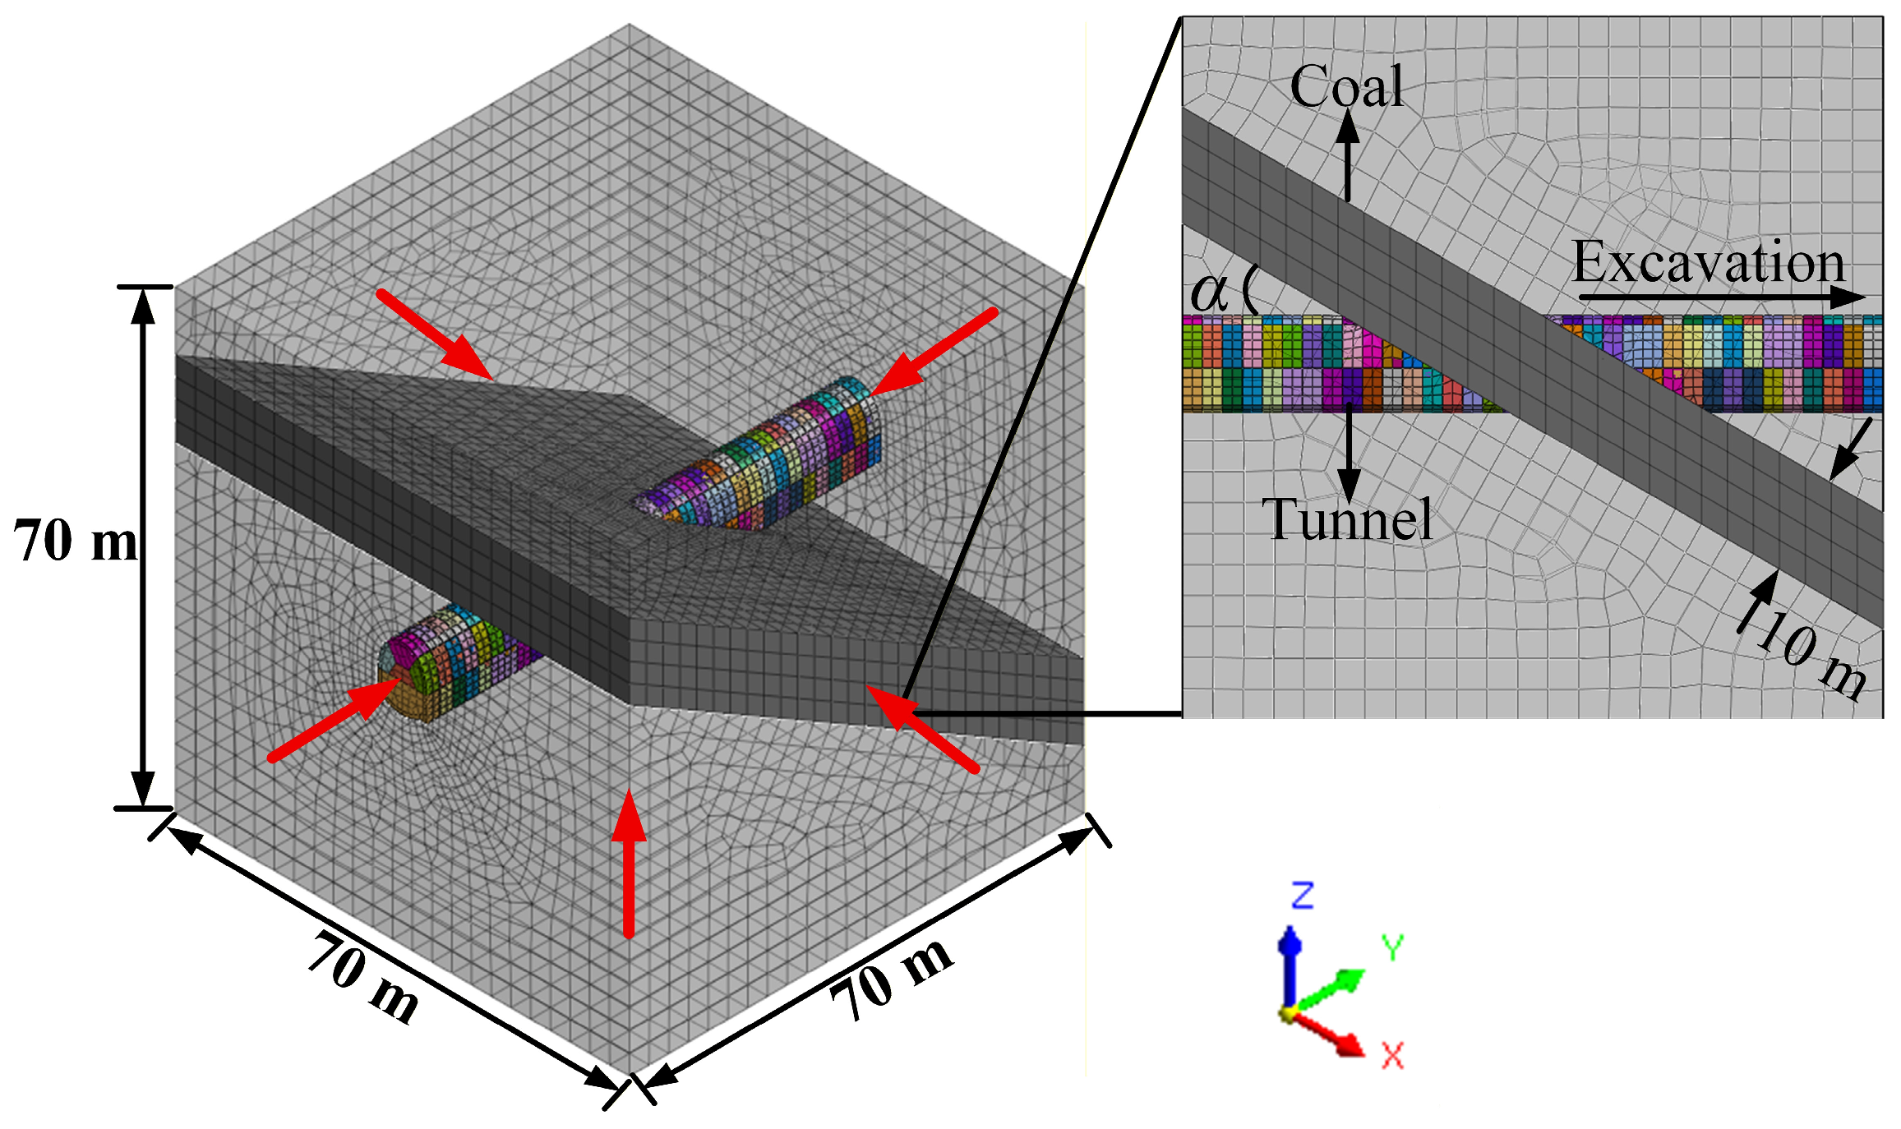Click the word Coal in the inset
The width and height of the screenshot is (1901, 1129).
[1346, 87]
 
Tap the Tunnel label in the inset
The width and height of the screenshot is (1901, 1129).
[1347, 520]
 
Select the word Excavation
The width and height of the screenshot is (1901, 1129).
[1709, 263]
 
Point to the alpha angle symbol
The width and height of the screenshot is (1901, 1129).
[1209, 291]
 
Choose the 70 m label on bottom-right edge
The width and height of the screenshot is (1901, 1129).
[891, 978]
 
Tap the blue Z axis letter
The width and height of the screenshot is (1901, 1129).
[1303, 896]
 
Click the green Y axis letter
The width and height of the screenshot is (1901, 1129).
[1392, 948]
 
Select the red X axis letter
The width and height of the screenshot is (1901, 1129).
[1392, 1055]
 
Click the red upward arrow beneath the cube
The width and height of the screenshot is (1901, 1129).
[629, 863]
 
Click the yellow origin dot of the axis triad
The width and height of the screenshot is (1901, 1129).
[1287, 1013]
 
